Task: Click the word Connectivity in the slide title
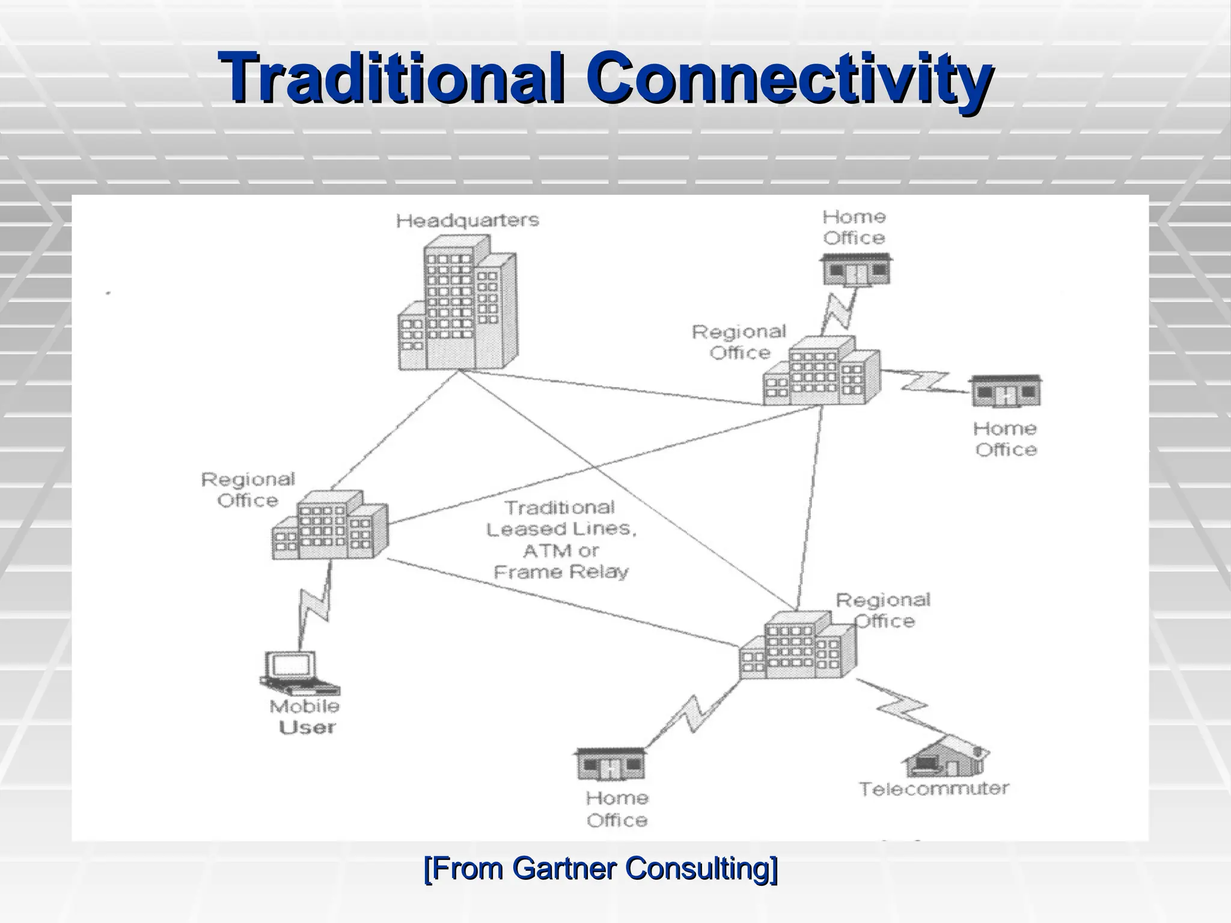(x=789, y=78)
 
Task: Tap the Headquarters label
(x=467, y=221)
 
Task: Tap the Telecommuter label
(x=933, y=788)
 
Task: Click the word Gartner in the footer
(x=565, y=868)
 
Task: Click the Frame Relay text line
(x=561, y=571)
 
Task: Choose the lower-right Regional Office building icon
(x=797, y=646)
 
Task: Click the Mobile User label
(x=305, y=717)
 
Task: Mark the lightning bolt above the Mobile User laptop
(x=315, y=607)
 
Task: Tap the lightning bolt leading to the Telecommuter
(x=902, y=709)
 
